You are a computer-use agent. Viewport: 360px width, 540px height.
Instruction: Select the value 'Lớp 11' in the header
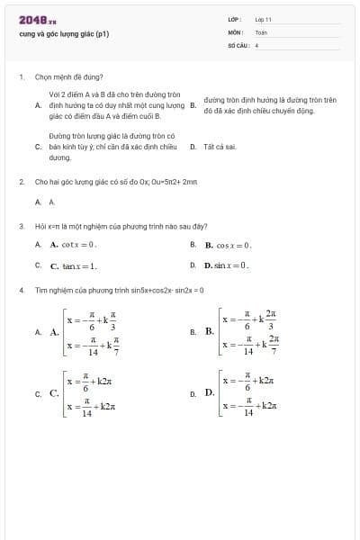pos(263,19)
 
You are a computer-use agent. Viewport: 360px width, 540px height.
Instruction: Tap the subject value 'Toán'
pos(261,31)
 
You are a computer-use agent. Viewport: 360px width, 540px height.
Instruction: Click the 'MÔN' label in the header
pos(236,31)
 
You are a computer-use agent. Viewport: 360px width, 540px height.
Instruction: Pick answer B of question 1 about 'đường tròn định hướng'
pos(270,105)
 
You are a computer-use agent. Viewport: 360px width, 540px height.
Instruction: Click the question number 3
pos(21,226)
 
